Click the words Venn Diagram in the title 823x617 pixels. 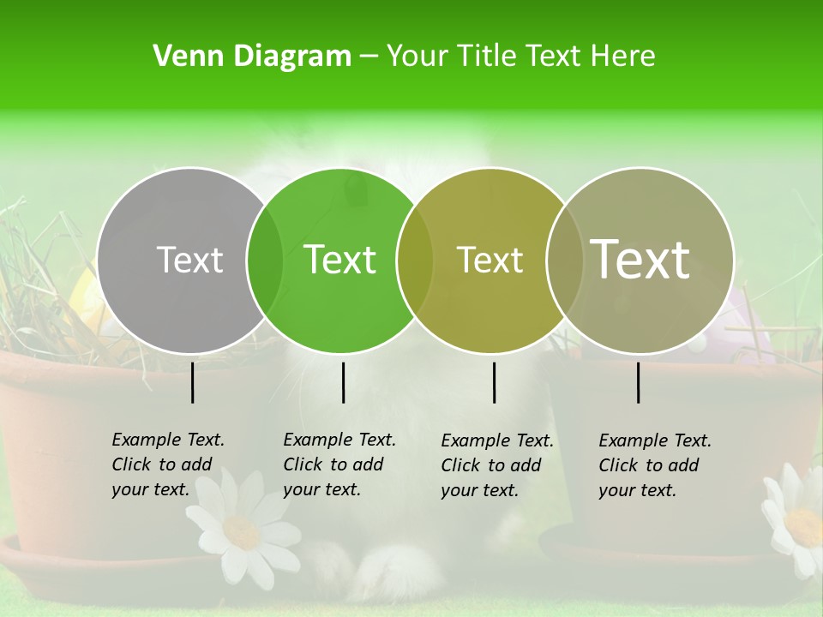point(252,57)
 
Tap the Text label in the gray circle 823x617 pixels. point(189,260)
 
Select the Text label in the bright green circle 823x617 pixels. point(339,260)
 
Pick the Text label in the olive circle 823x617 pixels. point(490,260)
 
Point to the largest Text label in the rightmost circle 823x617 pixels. point(640,259)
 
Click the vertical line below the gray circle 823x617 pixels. point(192,382)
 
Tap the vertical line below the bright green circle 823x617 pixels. point(343,382)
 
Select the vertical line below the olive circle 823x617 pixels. point(494,382)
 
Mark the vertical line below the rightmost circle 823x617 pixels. point(638,382)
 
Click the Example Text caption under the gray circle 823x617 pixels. point(167,464)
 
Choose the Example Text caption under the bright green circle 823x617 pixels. point(339,464)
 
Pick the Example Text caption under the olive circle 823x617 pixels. point(496,465)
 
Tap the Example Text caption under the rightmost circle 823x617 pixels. point(654,465)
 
